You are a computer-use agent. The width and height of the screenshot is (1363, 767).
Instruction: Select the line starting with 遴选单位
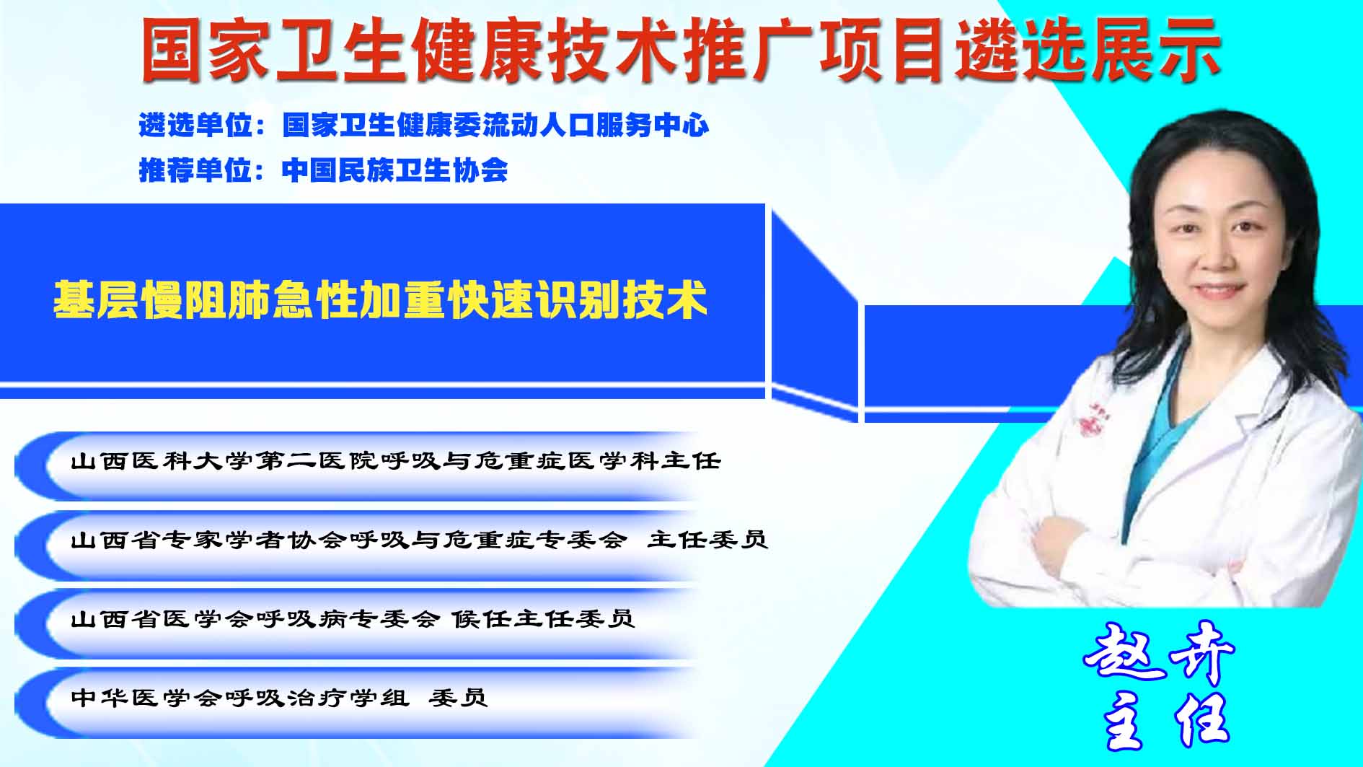point(424,126)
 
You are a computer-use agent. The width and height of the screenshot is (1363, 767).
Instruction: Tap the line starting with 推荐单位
point(323,170)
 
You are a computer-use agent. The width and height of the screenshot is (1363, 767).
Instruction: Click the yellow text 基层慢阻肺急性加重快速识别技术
point(381,299)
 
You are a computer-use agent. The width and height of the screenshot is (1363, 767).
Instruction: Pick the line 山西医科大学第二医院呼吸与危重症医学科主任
point(396,460)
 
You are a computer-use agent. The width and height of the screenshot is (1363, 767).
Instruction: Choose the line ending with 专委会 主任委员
point(419,539)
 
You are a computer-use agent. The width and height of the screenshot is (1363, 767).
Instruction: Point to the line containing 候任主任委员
point(353,618)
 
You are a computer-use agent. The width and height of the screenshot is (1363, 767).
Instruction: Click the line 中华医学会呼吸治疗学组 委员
point(280,698)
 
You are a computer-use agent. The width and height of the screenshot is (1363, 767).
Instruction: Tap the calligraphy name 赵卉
point(1160,652)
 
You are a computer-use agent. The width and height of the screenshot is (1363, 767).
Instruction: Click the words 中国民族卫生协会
point(395,170)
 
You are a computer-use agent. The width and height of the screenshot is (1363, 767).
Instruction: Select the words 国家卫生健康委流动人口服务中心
point(496,126)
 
